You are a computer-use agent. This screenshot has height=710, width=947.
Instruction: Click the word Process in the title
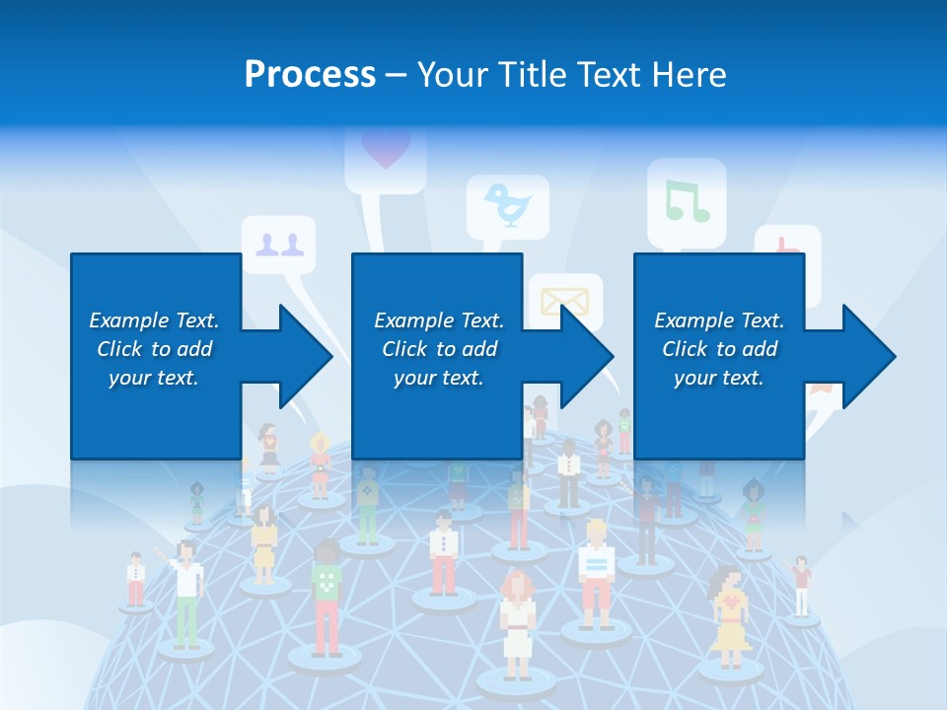pyautogui.click(x=310, y=74)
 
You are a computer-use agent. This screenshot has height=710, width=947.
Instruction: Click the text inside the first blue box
pyautogui.click(x=154, y=349)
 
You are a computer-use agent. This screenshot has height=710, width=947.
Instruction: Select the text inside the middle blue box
pyautogui.click(x=438, y=349)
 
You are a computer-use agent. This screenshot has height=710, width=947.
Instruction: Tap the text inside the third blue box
pyautogui.click(x=718, y=349)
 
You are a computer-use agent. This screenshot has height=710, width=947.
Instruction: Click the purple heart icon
pyautogui.click(x=385, y=149)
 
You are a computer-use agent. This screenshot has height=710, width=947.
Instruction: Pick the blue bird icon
pyautogui.click(x=508, y=205)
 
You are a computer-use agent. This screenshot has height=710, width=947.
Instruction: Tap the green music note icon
pyautogui.click(x=687, y=200)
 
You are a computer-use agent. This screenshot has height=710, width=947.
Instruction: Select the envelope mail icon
pyautogui.click(x=564, y=300)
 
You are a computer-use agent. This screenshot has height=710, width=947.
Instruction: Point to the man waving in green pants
pyautogui.click(x=185, y=592)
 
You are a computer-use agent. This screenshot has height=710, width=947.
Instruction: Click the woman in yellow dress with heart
pyautogui.click(x=729, y=616)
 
